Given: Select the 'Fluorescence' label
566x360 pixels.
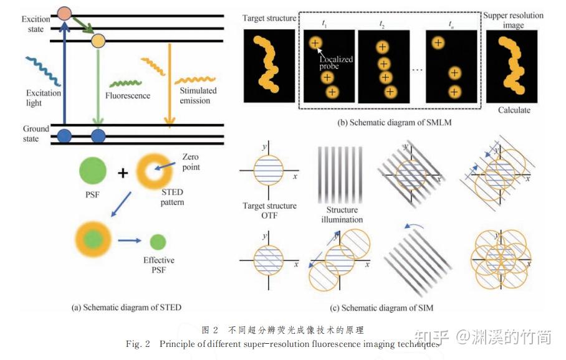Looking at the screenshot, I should [x=128, y=96].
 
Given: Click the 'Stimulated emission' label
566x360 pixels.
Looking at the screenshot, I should [x=198, y=95].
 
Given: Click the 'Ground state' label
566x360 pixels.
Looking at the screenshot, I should [x=36, y=134].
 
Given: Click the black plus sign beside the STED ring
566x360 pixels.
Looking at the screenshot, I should [x=123, y=173].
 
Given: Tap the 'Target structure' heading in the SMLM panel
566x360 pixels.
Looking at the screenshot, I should [x=269, y=18].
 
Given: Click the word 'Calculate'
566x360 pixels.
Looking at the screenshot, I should [x=514, y=110].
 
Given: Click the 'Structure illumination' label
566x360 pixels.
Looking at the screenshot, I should [x=342, y=215].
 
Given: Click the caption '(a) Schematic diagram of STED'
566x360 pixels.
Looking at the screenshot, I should [x=127, y=306].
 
